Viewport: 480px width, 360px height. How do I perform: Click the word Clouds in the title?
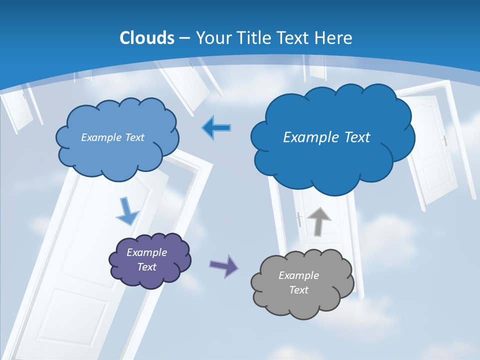point(147,38)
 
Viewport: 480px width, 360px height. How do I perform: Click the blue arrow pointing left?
point(216,128)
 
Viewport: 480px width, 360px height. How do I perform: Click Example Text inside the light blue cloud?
point(112,137)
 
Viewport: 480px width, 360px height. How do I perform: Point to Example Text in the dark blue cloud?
point(326,137)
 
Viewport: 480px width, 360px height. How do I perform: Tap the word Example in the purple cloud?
point(146,252)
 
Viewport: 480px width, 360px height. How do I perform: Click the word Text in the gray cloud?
point(298,290)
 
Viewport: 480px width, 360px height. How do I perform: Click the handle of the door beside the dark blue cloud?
point(444,140)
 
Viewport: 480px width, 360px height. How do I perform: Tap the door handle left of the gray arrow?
point(299,219)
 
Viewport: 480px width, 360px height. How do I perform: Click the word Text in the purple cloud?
point(146,267)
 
